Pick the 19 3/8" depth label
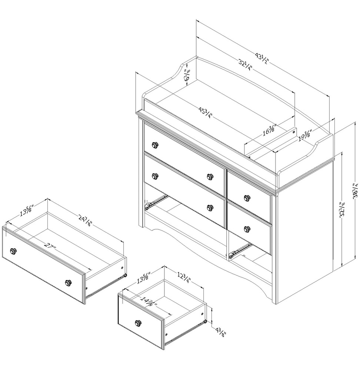(x=305, y=137)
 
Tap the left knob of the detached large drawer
(x=14, y=251)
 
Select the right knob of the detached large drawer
(x=68, y=283)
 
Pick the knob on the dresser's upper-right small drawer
(x=246, y=198)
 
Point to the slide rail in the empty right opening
(x=238, y=250)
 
